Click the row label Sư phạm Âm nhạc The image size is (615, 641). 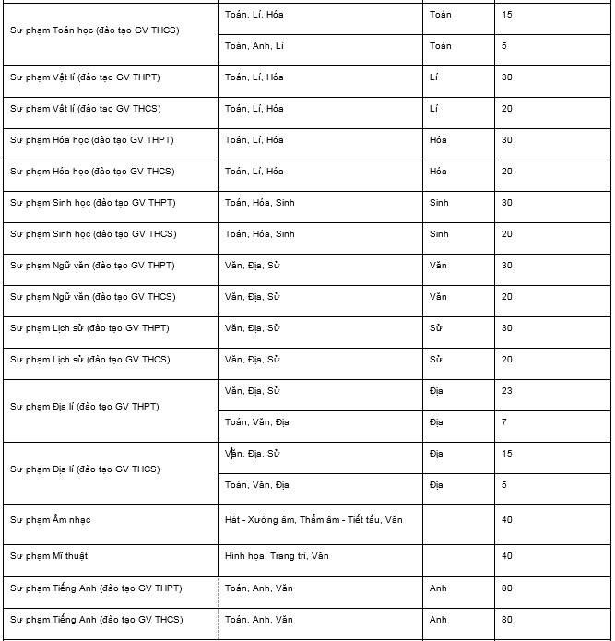click(51, 520)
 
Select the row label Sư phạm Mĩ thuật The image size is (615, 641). click(50, 556)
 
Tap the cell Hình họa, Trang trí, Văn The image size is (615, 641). click(277, 556)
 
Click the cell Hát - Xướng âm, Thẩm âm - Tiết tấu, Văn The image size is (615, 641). click(313, 520)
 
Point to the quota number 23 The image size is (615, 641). click(507, 391)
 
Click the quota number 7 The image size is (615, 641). click(504, 422)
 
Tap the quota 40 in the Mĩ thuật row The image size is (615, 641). click(507, 556)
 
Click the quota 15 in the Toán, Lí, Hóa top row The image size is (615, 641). click(507, 15)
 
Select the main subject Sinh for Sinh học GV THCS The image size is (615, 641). click(439, 234)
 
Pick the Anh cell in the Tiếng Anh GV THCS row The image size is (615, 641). click(438, 620)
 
